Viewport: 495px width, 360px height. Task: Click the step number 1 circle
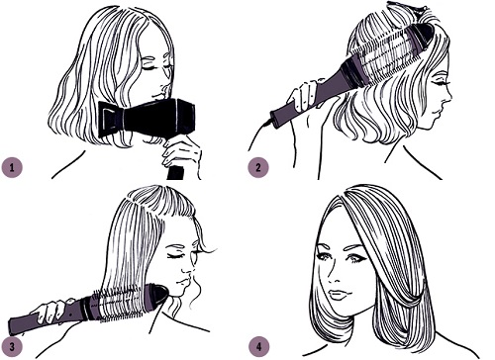pyautogui.click(x=12, y=167)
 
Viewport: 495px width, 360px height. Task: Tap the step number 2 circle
pyautogui.click(x=258, y=167)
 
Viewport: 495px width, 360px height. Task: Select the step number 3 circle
pyautogui.click(x=12, y=347)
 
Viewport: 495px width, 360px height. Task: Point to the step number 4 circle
pyautogui.click(x=258, y=347)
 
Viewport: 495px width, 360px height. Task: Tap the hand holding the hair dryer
pyautogui.click(x=181, y=152)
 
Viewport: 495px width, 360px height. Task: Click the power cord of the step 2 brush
pyautogui.click(x=260, y=132)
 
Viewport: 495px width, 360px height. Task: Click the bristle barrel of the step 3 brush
pyautogui.click(x=122, y=305)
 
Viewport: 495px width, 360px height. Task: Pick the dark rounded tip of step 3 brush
pyautogui.click(x=159, y=296)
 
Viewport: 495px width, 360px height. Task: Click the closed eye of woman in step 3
pyautogui.click(x=174, y=256)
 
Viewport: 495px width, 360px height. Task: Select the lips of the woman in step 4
pyautogui.click(x=337, y=295)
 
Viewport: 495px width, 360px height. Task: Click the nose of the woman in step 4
pyautogui.click(x=335, y=276)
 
